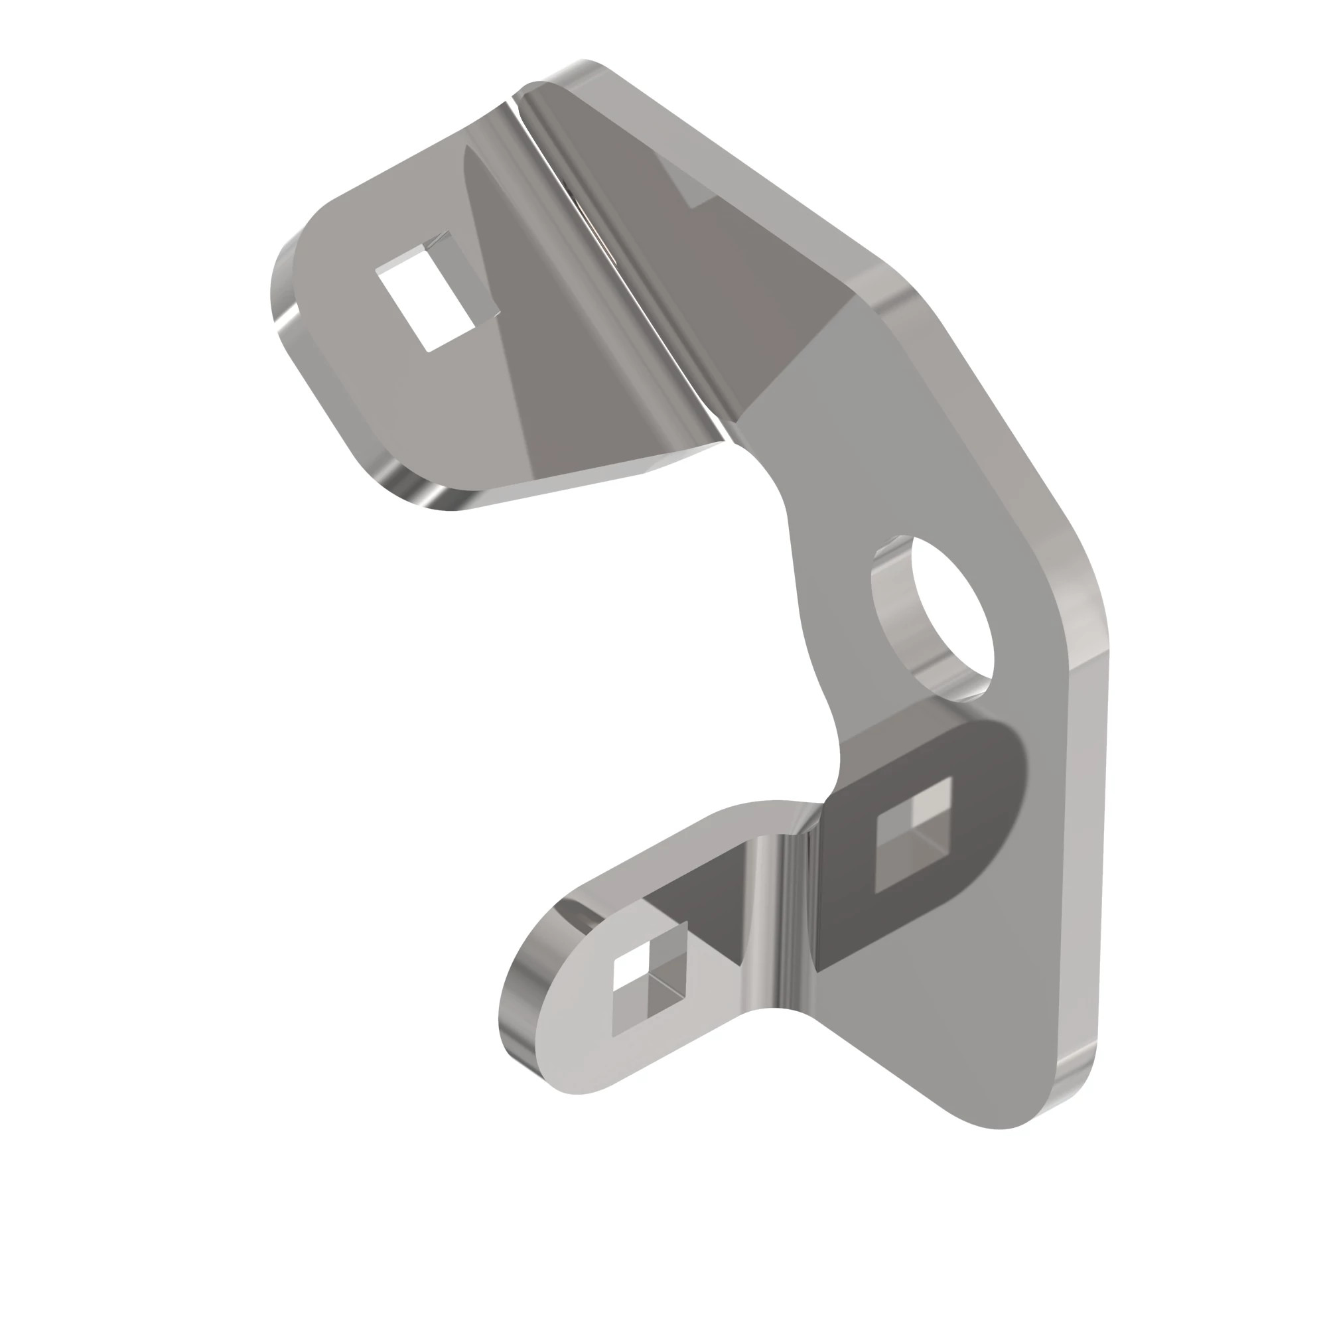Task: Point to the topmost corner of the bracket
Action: (x=584, y=69)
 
